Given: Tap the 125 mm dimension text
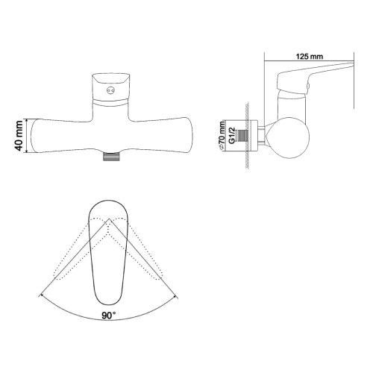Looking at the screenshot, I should pyautogui.click(x=308, y=55).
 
